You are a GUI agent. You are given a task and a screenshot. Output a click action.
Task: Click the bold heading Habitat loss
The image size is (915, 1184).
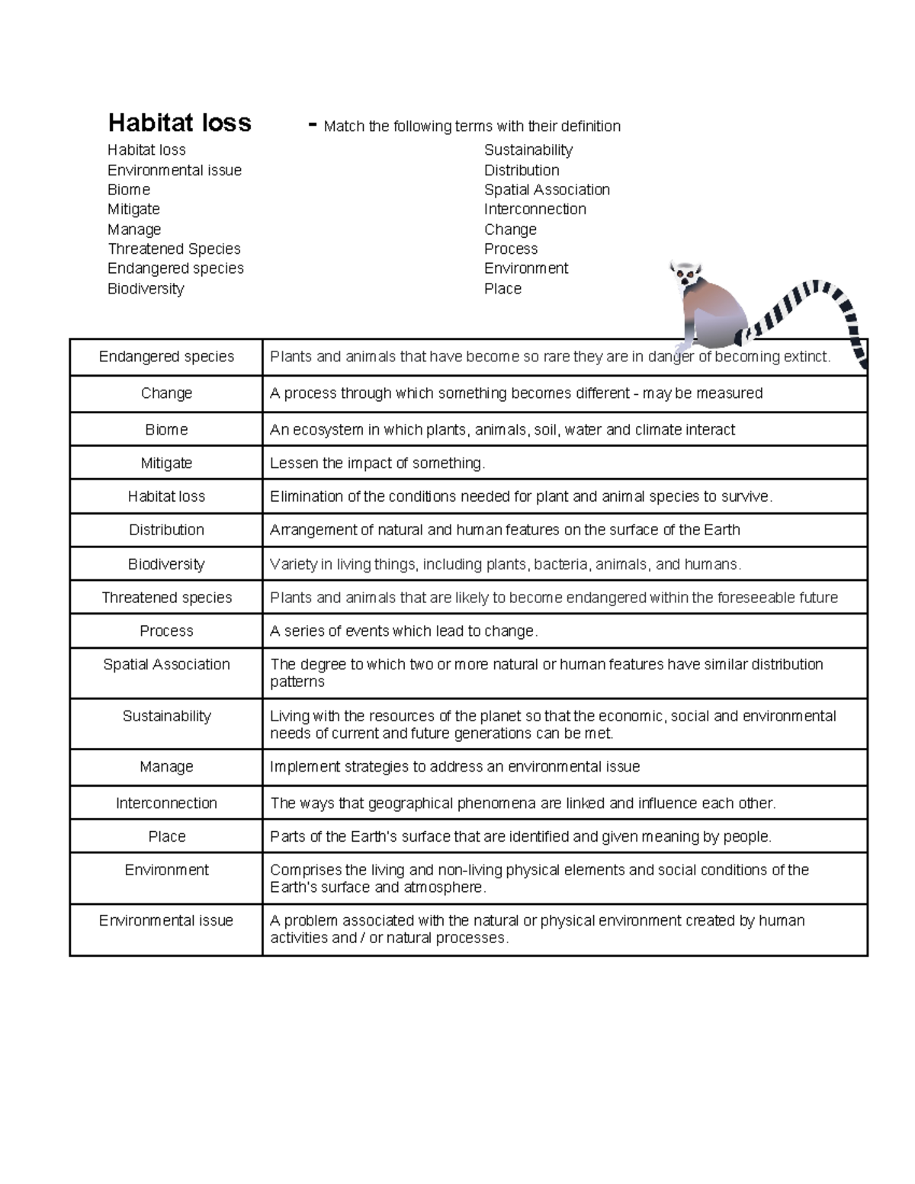[x=179, y=123]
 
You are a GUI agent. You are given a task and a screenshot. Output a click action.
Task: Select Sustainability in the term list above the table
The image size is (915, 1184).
[x=528, y=150]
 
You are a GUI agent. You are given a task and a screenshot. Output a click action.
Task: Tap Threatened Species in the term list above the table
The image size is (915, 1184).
[x=174, y=249]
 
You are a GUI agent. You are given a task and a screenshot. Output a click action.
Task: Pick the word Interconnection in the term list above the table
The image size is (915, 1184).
[x=535, y=209]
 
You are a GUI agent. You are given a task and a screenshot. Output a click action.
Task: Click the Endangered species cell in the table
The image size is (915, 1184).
[x=166, y=357]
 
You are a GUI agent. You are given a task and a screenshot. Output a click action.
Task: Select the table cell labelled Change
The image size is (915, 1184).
[x=166, y=393]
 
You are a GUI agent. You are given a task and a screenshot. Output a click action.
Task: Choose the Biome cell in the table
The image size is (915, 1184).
[x=166, y=430]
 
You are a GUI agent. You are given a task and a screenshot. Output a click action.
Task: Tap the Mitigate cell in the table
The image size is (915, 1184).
[x=166, y=464]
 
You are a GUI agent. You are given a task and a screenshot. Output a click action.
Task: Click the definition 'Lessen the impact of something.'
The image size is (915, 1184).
[x=377, y=464]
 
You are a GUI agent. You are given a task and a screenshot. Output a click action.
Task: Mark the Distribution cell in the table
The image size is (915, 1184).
[x=166, y=530]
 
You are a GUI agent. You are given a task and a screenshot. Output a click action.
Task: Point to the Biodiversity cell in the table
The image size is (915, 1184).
[x=166, y=564]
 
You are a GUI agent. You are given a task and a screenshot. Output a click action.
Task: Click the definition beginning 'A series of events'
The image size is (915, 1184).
[x=404, y=631]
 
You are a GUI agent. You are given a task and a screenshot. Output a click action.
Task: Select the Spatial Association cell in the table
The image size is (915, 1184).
[x=166, y=665]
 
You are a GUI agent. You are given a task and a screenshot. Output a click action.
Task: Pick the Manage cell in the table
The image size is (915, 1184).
[x=166, y=767]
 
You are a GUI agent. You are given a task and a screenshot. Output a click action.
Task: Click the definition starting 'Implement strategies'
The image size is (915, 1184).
[x=454, y=767]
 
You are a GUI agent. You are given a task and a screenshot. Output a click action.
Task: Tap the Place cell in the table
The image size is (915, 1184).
[x=166, y=837]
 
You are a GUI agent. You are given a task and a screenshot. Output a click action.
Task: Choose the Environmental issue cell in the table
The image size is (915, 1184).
[x=166, y=921]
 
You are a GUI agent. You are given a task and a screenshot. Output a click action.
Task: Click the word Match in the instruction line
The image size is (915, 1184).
[x=344, y=127]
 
